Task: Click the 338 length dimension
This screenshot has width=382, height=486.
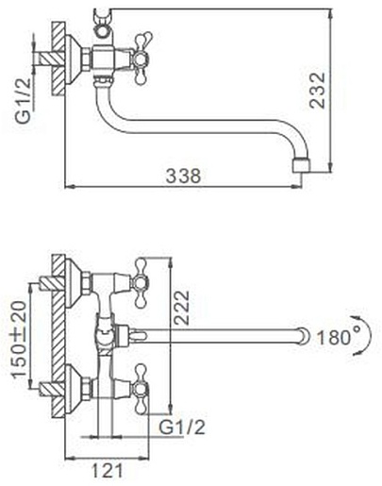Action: pos(183,176)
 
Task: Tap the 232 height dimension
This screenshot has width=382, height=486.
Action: pos(317,91)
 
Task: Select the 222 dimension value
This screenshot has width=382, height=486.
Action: pos(182,308)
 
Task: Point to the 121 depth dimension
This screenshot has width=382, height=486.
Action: pos(107,471)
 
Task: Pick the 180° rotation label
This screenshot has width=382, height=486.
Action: pos(339,336)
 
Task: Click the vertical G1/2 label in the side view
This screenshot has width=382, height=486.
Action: pos(25,100)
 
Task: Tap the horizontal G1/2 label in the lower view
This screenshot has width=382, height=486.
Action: pos(182,427)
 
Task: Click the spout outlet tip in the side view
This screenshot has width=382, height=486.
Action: pos(301,166)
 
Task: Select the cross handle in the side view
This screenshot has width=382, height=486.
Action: pos(142,59)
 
